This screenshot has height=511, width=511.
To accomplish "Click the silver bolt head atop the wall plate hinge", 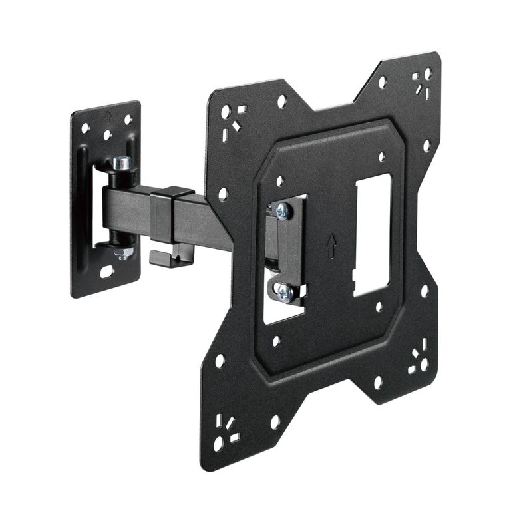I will click(x=121, y=162).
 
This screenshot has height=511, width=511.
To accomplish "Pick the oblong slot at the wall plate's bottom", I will click(x=106, y=272).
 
